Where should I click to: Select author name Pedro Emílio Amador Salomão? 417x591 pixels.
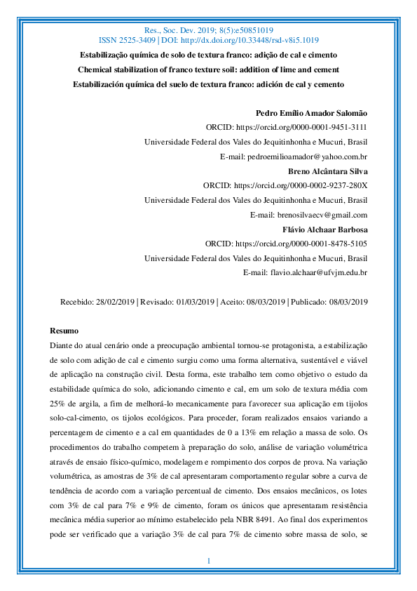(312, 113)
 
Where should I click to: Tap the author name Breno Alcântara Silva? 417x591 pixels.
(328, 171)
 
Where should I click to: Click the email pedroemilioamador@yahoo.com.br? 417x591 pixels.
(294, 156)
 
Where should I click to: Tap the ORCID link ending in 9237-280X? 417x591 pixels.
(301, 185)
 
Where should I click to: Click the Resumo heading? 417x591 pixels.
(64, 331)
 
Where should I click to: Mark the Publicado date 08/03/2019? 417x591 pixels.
(346, 302)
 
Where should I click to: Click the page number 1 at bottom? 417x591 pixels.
(209, 561)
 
